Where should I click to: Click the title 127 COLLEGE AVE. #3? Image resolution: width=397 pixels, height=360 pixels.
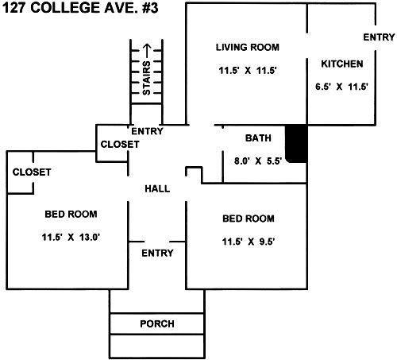pyautogui.click(x=80, y=8)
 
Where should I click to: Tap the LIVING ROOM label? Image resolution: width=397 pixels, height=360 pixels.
pyautogui.click(x=248, y=47)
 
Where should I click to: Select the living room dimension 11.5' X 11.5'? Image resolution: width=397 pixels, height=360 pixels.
pyautogui.click(x=248, y=71)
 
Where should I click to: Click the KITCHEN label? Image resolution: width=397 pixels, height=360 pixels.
pyautogui.click(x=342, y=64)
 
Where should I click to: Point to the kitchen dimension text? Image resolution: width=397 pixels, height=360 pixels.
pyautogui.click(x=341, y=87)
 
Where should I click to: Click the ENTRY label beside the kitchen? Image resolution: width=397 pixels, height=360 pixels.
pyautogui.click(x=379, y=37)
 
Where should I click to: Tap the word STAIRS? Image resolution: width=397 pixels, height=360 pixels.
pyautogui.click(x=146, y=78)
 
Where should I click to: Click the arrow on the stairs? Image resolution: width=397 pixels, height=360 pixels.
pyautogui.click(x=147, y=52)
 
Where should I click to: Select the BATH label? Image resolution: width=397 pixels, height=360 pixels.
pyautogui.click(x=258, y=138)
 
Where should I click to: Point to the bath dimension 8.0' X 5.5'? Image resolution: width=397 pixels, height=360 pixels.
pyautogui.click(x=258, y=161)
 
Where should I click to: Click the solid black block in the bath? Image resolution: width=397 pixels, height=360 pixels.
pyautogui.click(x=297, y=144)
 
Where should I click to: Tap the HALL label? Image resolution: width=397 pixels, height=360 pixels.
pyautogui.click(x=157, y=189)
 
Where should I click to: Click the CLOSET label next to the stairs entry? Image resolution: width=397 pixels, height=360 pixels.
pyautogui.click(x=120, y=145)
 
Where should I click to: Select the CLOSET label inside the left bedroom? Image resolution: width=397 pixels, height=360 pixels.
pyautogui.click(x=32, y=172)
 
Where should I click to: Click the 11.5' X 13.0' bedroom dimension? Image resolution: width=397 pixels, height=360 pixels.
pyautogui.click(x=71, y=237)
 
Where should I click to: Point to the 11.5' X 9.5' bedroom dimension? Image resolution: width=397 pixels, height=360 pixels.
pyautogui.click(x=249, y=242)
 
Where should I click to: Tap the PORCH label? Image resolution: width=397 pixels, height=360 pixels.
pyautogui.click(x=157, y=323)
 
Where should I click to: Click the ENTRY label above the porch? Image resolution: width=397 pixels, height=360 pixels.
pyautogui.click(x=157, y=254)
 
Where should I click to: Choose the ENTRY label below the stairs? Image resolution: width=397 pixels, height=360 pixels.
pyautogui.click(x=147, y=131)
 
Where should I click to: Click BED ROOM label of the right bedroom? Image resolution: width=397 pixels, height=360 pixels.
pyautogui.click(x=249, y=219)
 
